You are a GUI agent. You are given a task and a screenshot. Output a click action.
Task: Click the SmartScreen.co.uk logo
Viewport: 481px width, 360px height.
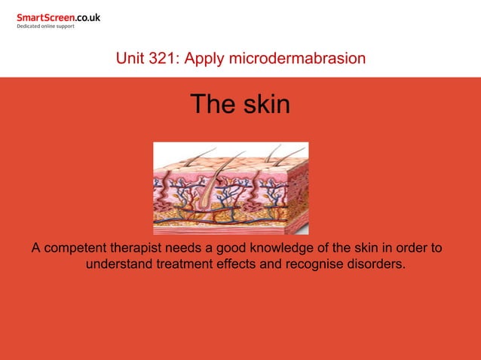pos(58,17)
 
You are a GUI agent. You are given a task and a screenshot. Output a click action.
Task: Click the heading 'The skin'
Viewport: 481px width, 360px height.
pos(240,104)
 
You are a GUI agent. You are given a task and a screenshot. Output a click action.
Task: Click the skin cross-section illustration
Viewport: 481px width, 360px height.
pos(231,188)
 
